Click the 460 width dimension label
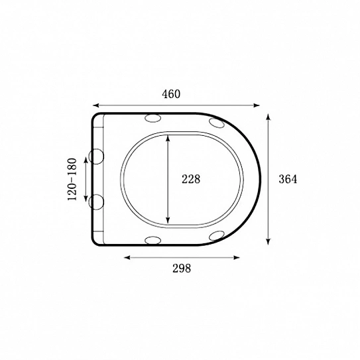tap(171, 94)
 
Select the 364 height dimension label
tap(288, 179)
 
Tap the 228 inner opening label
tap(191, 179)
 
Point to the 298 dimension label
tap(182, 268)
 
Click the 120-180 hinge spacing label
tap(72, 179)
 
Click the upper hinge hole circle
tap(96, 156)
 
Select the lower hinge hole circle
tap(96, 202)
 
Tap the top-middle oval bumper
tap(153, 118)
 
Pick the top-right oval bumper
tap(217, 123)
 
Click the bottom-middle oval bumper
tap(153, 240)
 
